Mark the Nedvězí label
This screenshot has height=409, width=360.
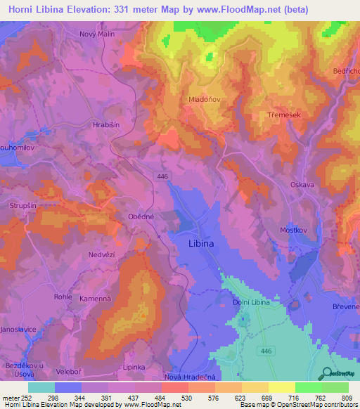(x=101, y=254)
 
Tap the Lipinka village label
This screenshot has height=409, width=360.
(x=134, y=367)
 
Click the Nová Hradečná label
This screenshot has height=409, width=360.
(x=190, y=377)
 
